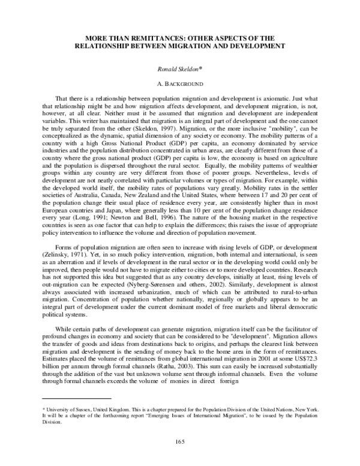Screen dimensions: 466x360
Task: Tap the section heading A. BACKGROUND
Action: pyautogui.click(x=179, y=84)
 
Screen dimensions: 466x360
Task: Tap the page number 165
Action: pyautogui.click(x=179, y=442)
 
